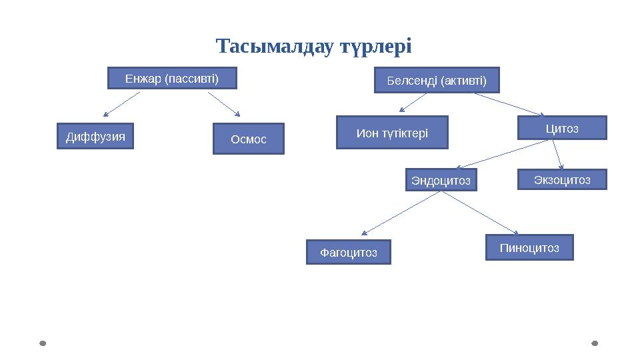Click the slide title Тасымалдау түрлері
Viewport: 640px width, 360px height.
click(314, 47)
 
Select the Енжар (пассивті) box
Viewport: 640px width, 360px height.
click(172, 79)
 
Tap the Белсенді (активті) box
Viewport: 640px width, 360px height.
click(437, 81)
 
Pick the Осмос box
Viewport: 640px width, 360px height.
click(248, 139)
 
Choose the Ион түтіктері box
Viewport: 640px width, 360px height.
click(392, 133)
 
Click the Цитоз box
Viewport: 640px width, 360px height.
click(562, 128)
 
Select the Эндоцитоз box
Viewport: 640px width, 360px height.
click(441, 180)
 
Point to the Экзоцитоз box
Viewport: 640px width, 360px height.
click(562, 179)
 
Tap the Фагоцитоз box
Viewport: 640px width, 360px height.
click(348, 253)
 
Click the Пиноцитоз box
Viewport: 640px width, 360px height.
click(529, 247)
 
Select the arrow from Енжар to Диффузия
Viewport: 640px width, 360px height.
click(121, 104)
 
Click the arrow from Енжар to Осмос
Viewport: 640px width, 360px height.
click(224, 104)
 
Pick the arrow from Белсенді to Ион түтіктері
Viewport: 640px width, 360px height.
click(413, 102)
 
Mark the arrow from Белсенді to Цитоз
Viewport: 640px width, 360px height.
click(510, 104)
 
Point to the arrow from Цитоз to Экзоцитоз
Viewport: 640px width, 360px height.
click(559, 155)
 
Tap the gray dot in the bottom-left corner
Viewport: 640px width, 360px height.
click(43, 343)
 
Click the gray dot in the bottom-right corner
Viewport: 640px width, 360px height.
click(595, 343)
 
